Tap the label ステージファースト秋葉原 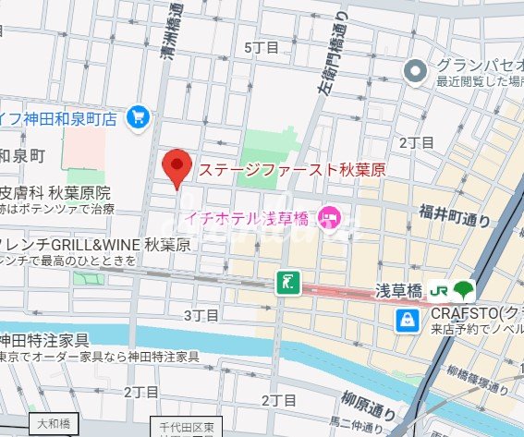(290, 170)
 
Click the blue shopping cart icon (139, 116)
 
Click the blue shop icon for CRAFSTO (407, 321)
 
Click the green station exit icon (289, 283)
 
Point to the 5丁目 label (261, 46)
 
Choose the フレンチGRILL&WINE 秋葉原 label (93, 245)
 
